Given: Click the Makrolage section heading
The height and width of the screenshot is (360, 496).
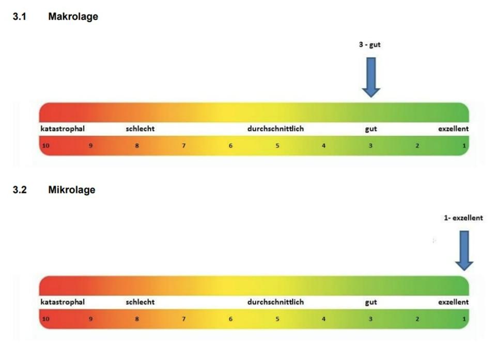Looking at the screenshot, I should pos(73,17).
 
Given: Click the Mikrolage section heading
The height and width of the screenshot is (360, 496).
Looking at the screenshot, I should pos(71,190).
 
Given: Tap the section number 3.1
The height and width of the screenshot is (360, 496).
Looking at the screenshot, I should pos(19,17).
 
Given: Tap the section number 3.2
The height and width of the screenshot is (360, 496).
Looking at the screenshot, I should pos(19,190).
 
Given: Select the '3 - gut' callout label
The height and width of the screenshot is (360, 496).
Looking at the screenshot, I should pos(370,45).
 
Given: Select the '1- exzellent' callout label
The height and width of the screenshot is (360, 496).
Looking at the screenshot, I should pos(463,218).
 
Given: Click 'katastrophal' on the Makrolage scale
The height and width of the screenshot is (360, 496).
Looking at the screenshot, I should pos(63,129).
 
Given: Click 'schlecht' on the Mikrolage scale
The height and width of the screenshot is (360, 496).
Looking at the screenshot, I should pos(140,302).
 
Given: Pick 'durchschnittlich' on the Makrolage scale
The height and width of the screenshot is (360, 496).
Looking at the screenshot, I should pos(275,129).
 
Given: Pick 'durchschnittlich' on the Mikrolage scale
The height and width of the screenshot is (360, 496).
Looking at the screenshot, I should pos(275,302).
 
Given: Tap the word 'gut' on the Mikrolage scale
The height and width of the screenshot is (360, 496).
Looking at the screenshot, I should pos(371,302).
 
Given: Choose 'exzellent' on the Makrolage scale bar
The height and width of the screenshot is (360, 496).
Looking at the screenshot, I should pos(454,129).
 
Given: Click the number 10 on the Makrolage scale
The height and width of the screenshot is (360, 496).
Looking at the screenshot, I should pos(45,146).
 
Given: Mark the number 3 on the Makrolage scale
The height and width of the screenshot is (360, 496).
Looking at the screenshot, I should pos(370,146).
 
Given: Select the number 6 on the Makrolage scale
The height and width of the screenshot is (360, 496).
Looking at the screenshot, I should pos(230,146).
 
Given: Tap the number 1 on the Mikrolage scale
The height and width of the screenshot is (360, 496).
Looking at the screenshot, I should pos(464,319).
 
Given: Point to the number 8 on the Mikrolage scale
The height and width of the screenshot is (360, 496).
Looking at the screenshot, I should pos(137,319).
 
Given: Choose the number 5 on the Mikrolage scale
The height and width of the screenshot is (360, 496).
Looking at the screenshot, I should pos(277,319).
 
